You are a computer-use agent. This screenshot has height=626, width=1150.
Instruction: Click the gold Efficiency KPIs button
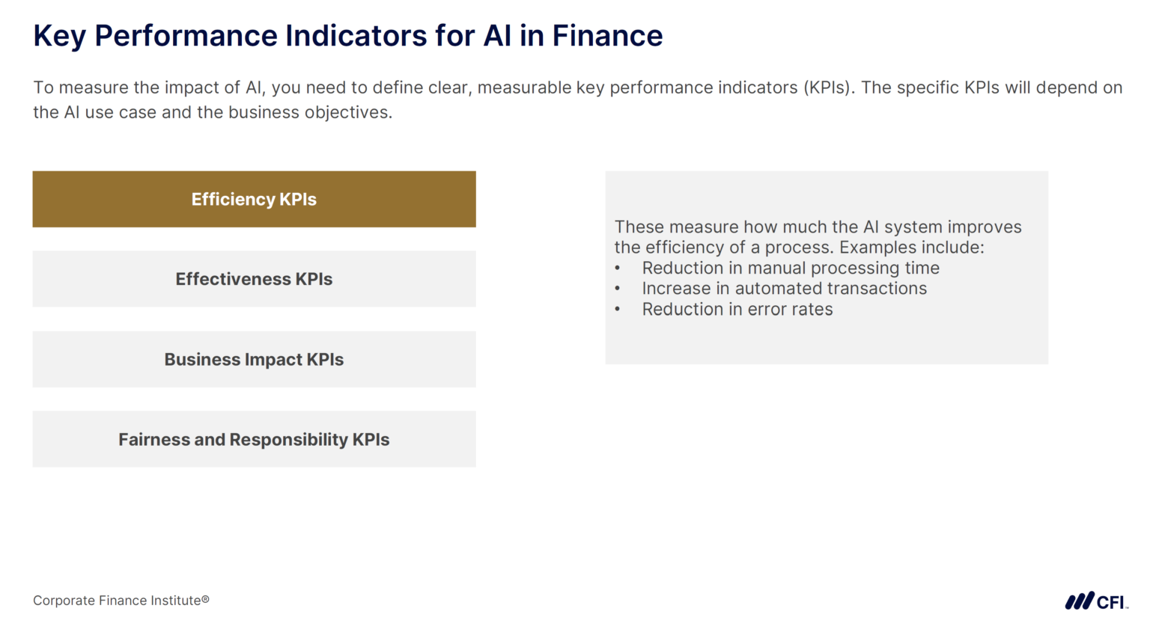coord(254,199)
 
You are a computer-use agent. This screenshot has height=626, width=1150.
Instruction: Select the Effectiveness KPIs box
coord(254,279)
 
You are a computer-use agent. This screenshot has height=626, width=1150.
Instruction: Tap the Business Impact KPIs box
coord(254,360)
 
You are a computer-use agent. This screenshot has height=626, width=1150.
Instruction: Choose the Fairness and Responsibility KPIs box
coord(254,440)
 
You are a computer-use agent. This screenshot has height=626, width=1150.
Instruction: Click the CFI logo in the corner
coord(1096,601)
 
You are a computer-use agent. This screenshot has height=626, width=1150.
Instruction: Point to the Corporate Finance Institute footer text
coord(121,601)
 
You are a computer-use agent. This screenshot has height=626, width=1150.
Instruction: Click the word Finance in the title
coord(607,36)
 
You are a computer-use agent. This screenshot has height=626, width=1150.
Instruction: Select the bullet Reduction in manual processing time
coord(790,268)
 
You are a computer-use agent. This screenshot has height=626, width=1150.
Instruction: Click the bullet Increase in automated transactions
coord(784,289)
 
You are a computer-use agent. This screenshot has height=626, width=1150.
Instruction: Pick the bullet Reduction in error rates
coord(737,310)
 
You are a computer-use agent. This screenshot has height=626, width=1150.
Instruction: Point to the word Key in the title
coord(59,36)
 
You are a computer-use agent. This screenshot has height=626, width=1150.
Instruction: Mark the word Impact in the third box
coord(273,360)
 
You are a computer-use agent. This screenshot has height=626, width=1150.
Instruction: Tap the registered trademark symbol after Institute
coord(205,599)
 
